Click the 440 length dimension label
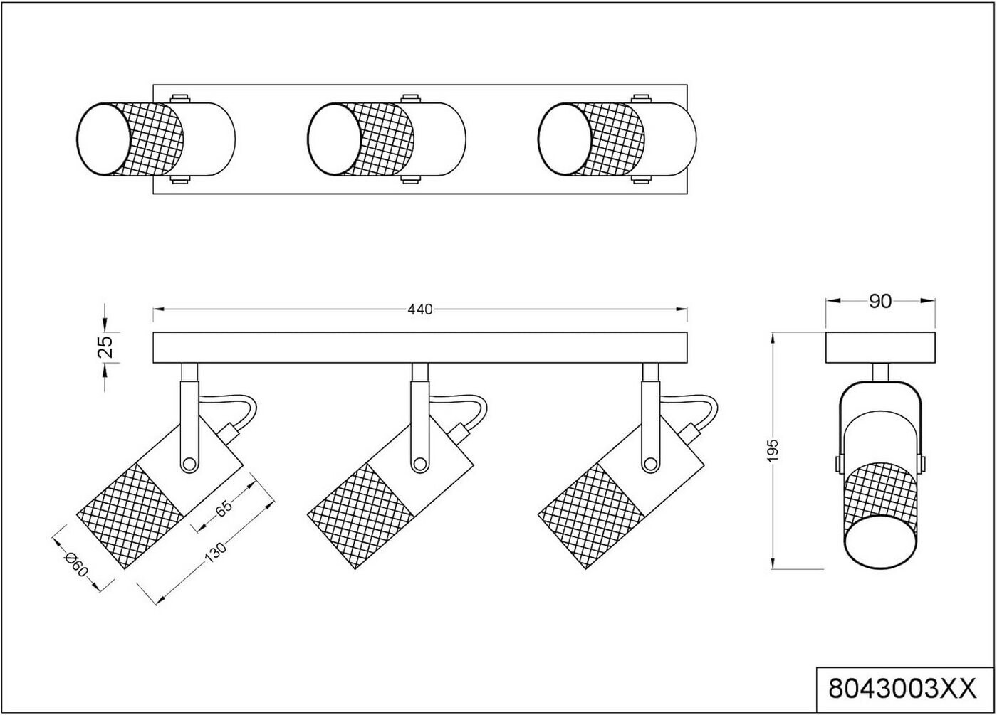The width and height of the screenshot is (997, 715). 420,309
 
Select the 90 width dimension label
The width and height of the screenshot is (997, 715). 880,302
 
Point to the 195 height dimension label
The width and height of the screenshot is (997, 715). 774,450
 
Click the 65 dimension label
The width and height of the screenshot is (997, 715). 224,509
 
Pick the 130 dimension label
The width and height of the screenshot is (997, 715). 215,553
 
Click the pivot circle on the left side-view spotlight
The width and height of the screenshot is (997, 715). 189,465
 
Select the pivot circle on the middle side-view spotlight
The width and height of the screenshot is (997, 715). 419,465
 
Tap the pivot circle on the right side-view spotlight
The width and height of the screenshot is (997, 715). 649,465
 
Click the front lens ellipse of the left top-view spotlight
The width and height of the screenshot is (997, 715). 104,139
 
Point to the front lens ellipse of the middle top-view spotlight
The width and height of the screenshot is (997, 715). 335,139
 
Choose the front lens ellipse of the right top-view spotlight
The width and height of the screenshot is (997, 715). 565,139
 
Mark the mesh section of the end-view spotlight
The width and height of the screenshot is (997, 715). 879,491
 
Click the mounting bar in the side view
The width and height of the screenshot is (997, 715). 420,347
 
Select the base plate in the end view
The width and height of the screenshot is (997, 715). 880,347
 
